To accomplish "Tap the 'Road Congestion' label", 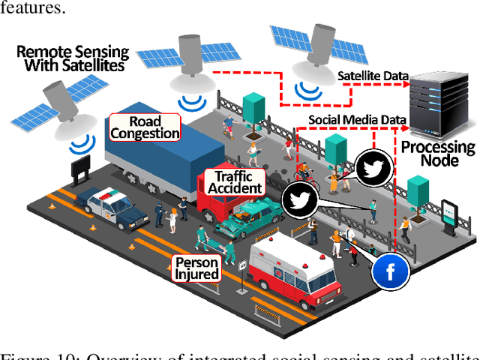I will click(145, 127).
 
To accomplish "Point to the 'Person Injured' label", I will click(196, 268).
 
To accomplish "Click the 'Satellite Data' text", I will click(373, 76).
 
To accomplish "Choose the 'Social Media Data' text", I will click(358, 120).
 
